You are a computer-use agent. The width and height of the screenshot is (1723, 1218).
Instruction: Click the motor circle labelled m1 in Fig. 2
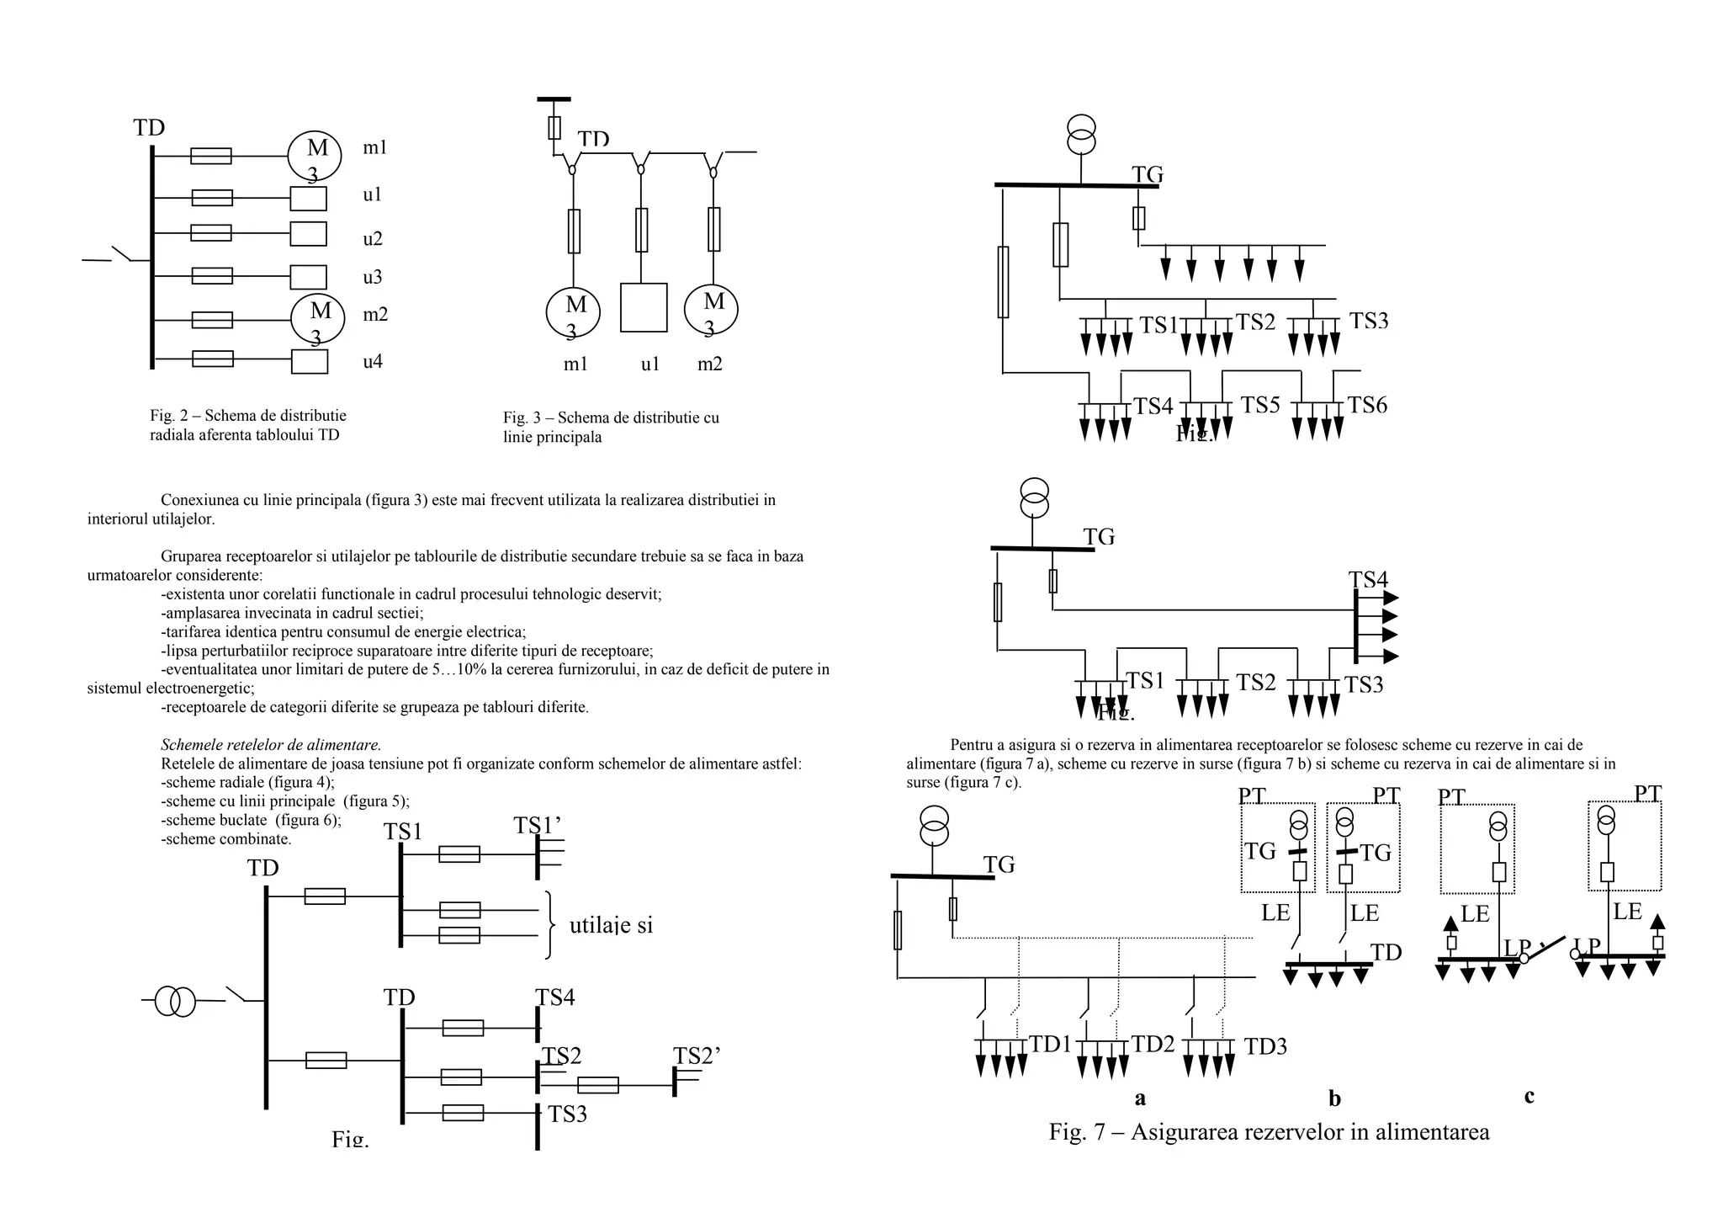[314, 155]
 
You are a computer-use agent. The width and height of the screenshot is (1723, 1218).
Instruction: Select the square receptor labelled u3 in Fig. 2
[308, 277]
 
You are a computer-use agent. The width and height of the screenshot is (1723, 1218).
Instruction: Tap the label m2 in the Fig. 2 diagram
[375, 315]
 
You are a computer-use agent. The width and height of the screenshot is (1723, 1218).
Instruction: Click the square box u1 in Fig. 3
[643, 307]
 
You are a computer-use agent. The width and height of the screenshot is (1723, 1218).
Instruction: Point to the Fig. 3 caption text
[611, 428]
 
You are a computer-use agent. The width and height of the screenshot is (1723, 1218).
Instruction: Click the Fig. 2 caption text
[247, 425]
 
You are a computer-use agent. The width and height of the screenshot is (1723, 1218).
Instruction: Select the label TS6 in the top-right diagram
[1367, 406]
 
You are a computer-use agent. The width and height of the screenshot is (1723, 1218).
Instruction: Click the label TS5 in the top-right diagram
[1259, 406]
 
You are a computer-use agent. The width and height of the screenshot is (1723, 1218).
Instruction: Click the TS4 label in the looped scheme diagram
[1368, 580]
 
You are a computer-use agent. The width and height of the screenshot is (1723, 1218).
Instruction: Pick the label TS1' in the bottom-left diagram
[537, 827]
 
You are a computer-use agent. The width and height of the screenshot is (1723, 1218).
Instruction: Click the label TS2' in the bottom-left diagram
[697, 1056]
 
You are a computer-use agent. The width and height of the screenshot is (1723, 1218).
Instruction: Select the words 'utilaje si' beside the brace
[611, 926]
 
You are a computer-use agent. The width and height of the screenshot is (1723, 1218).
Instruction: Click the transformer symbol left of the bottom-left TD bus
[175, 1001]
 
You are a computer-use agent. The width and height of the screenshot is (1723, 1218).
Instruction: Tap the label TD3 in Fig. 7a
[1265, 1047]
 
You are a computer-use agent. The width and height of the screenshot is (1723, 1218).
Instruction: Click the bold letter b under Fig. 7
[1334, 1098]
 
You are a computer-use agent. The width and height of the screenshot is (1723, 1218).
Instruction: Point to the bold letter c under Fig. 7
[1529, 1096]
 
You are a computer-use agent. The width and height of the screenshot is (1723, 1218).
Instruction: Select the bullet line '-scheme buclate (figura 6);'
[251, 820]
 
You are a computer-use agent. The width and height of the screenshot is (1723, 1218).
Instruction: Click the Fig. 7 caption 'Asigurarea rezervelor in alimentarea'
[1269, 1132]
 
